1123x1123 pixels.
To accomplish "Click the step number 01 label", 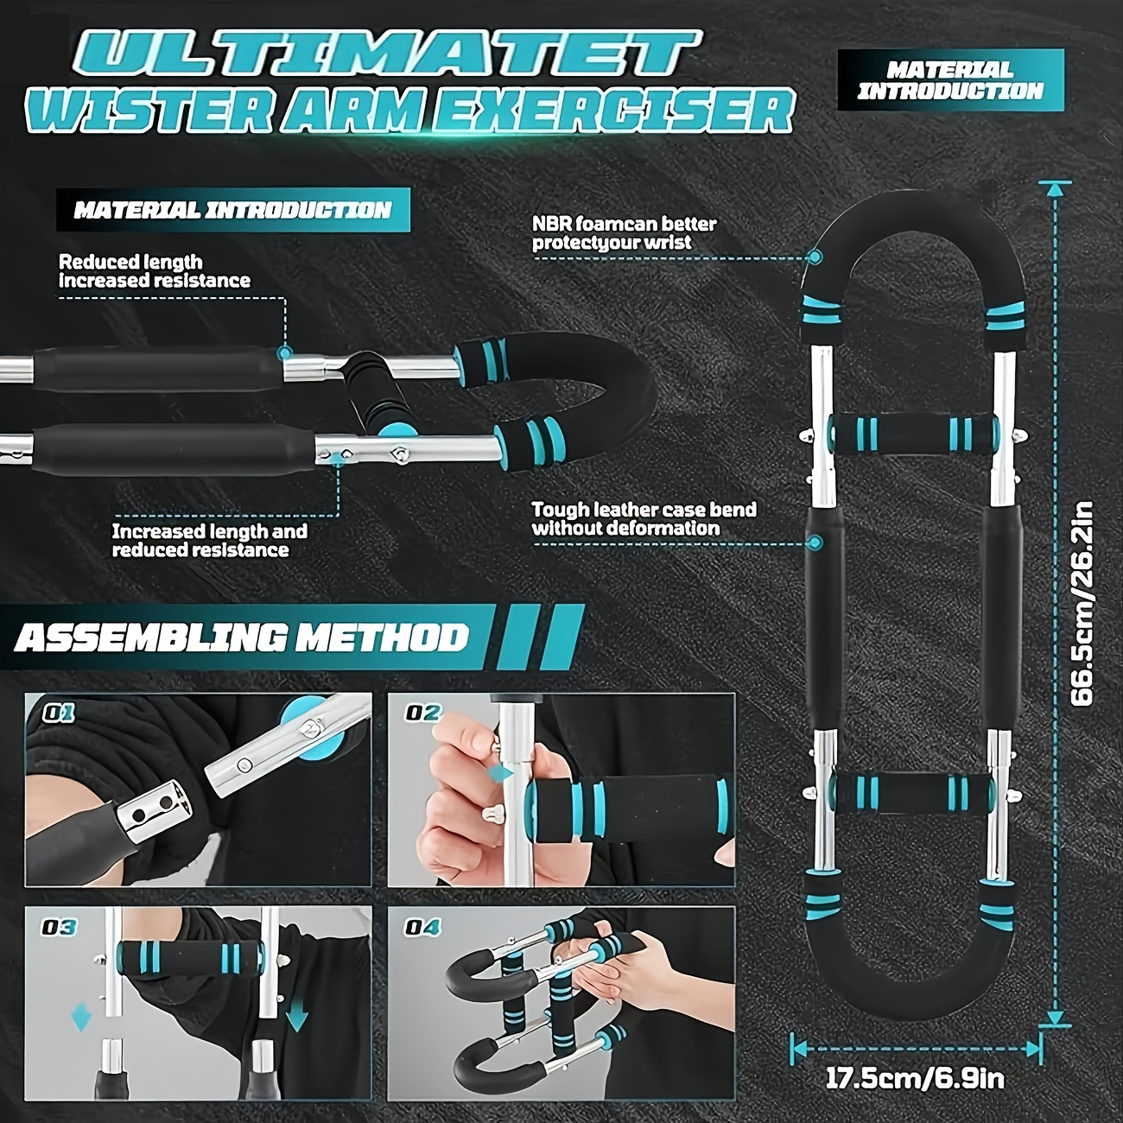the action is pos(58,714).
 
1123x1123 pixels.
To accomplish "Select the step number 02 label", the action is pos(423,713).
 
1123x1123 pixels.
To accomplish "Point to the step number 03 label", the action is pos(59,927).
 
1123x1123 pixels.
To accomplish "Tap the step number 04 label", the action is pos(422,927).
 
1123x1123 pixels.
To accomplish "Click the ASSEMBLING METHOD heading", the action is pos(241,638).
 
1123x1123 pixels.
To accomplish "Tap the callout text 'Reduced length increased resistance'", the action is pos(155,271).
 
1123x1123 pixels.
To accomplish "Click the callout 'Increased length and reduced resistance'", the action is pos(210,540).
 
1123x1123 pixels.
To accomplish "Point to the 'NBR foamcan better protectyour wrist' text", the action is pos(625,232).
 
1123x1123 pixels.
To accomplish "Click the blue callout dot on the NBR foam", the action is pos(815,256).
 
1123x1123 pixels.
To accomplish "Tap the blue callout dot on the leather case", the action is pos(815,542).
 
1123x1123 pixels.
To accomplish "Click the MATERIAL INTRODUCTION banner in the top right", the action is pos(950,79).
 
